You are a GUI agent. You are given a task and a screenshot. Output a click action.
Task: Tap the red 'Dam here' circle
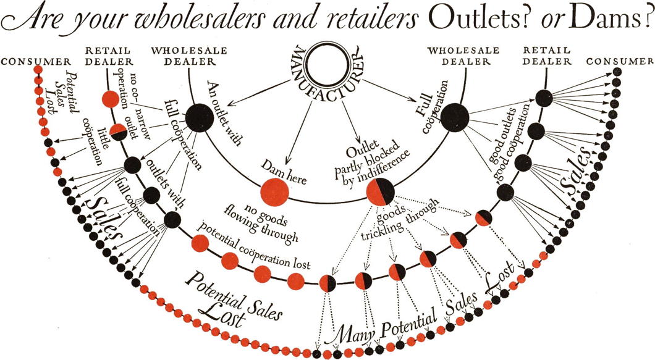[x=274, y=191]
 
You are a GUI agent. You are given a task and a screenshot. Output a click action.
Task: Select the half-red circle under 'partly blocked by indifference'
[x=381, y=191]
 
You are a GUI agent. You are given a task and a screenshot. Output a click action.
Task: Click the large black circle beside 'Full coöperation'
[x=455, y=116]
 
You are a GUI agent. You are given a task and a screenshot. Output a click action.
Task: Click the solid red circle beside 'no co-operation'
[x=110, y=98]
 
